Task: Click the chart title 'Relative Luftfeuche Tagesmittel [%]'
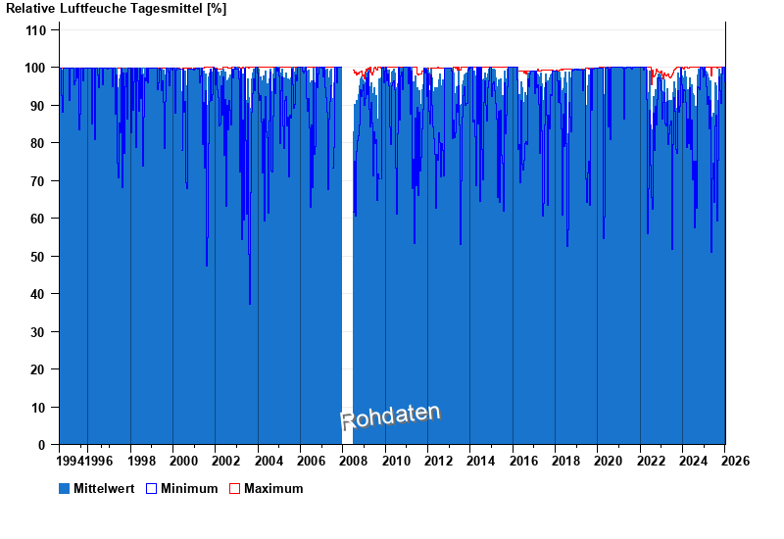117,9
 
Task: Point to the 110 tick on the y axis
36,30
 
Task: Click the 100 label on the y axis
36,68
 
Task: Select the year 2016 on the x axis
523,461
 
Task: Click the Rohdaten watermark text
390,417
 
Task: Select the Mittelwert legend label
104,488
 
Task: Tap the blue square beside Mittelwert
65,488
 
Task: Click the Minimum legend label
189,488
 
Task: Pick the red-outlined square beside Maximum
235,488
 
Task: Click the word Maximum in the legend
273,488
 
